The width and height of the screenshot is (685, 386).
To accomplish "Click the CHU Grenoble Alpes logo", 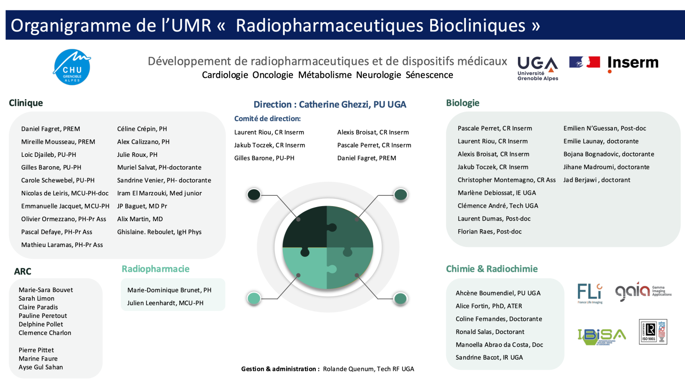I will click(72, 67).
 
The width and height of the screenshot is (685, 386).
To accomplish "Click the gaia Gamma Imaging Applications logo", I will click(642, 292).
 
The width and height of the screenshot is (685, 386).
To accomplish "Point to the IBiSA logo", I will click(601, 336).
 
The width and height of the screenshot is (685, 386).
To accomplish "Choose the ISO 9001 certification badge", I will click(653, 332).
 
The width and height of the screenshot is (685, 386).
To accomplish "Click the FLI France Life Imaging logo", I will click(590, 293).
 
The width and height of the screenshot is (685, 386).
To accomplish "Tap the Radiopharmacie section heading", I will click(155, 269).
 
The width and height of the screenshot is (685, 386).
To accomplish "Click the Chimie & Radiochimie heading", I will click(491, 269).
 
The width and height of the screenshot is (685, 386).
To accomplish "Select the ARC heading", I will click(23, 271).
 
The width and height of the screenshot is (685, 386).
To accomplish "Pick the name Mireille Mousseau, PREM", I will click(58, 142).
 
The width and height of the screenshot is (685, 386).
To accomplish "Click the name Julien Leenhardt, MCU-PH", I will click(165, 303).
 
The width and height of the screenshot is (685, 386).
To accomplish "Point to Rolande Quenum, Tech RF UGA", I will click(368, 369).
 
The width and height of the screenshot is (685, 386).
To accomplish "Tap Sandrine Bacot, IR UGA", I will click(489, 357).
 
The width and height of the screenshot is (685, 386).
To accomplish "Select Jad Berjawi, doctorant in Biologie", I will click(596, 180).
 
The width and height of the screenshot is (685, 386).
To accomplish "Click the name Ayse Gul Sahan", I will click(41, 367).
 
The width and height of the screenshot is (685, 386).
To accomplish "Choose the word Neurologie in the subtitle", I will click(378, 75).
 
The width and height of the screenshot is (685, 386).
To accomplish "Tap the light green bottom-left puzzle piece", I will click(305, 268).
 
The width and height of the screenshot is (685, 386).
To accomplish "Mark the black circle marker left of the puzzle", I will click(254, 194).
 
